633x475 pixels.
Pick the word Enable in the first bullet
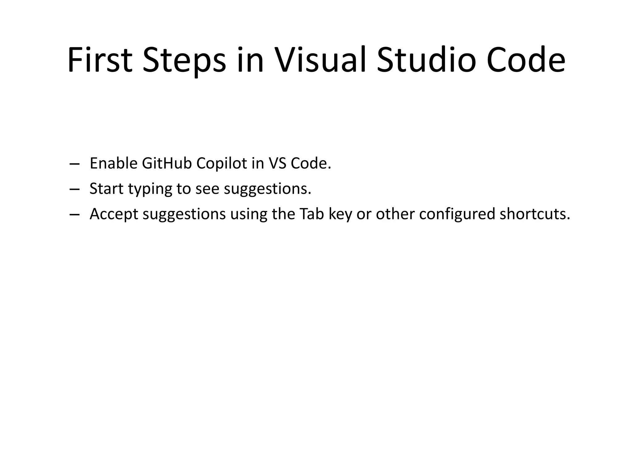113,163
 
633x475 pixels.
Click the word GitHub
167,163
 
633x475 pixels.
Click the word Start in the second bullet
106,189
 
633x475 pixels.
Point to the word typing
150,189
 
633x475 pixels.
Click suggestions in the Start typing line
267,189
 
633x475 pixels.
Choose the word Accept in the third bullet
114,214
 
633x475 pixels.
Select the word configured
457,214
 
